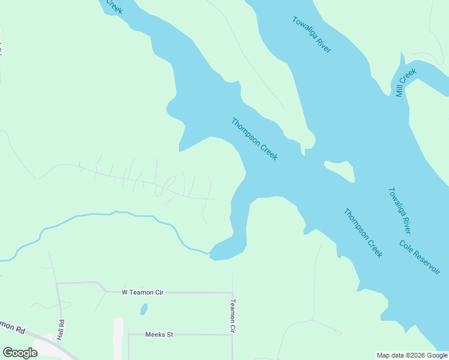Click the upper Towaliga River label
[312, 34]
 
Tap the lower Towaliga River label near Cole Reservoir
[399, 211]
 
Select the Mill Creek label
[406, 83]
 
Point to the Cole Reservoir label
[420, 257]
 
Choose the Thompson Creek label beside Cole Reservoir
[363, 233]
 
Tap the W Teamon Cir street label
[142, 292]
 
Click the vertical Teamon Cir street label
[233, 316]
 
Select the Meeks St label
[159, 334]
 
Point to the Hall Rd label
[61, 329]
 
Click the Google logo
[20, 353]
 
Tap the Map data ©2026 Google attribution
[412, 355]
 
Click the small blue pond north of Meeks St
[143, 309]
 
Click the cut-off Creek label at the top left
[113, 7]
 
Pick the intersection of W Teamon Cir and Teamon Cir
[232, 293]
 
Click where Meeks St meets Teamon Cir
[232, 335]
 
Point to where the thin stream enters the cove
[210, 254]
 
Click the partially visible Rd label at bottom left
[13, 327]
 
